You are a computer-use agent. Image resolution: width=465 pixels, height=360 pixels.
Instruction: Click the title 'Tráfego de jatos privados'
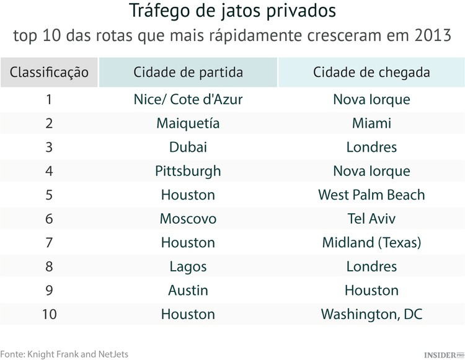(x=232, y=11)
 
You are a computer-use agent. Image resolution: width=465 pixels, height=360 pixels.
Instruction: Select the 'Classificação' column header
(x=49, y=72)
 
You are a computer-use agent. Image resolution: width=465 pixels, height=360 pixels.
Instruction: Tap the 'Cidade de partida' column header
(x=188, y=72)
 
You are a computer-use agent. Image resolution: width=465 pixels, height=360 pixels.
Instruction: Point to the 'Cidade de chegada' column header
(x=371, y=72)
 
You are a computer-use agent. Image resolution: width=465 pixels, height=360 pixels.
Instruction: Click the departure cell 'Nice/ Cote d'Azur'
(x=188, y=100)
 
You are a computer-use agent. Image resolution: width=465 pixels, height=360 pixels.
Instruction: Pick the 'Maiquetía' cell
(x=188, y=123)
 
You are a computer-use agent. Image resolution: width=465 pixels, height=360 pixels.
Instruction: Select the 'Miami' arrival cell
(x=371, y=123)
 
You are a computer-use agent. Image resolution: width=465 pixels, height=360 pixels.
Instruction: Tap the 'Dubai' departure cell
(x=188, y=147)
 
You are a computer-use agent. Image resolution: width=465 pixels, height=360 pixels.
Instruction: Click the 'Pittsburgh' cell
(x=188, y=171)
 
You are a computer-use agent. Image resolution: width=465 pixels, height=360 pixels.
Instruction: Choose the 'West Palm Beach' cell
(x=371, y=195)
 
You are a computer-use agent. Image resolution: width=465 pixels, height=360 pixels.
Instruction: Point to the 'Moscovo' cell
(x=188, y=219)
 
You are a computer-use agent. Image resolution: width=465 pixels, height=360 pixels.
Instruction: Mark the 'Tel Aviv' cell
(x=371, y=219)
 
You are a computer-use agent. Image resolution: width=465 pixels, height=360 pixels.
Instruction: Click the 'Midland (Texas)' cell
(x=371, y=243)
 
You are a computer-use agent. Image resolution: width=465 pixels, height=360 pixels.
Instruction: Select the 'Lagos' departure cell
(x=188, y=266)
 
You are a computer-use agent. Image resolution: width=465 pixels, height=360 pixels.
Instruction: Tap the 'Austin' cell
(x=188, y=291)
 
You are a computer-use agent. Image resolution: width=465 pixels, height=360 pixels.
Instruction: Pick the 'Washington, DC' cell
(x=371, y=314)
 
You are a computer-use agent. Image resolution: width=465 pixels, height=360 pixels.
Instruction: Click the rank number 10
(x=49, y=314)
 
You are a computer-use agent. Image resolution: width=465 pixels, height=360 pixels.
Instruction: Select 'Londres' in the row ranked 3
(x=371, y=147)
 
